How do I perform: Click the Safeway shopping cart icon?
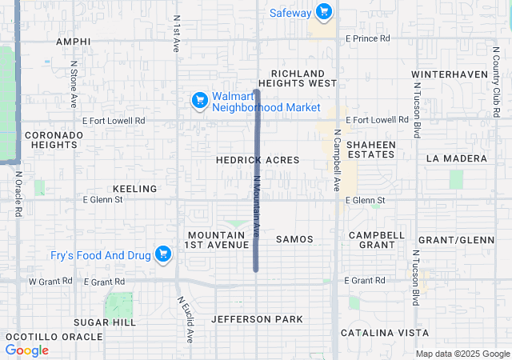tap(324, 12)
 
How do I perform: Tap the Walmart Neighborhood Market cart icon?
tap(199, 100)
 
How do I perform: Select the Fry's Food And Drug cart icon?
tap(163, 254)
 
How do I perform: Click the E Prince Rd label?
tap(367, 38)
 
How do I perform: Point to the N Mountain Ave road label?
tap(257, 206)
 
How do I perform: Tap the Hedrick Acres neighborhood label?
tap(258, 160)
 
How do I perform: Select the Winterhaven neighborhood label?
tap(450, 74)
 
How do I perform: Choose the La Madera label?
tap(456, 158)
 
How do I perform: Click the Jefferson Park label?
tap(257, 319)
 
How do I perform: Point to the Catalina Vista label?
tap(384, 332)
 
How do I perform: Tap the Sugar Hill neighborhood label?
tap(105, 322)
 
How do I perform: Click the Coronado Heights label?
tap(54, 140)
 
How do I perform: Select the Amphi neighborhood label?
tap(74, 41)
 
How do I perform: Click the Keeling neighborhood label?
tap(135, 189)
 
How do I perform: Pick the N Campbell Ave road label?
tap(337, 161)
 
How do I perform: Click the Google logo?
tap(27, 350)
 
